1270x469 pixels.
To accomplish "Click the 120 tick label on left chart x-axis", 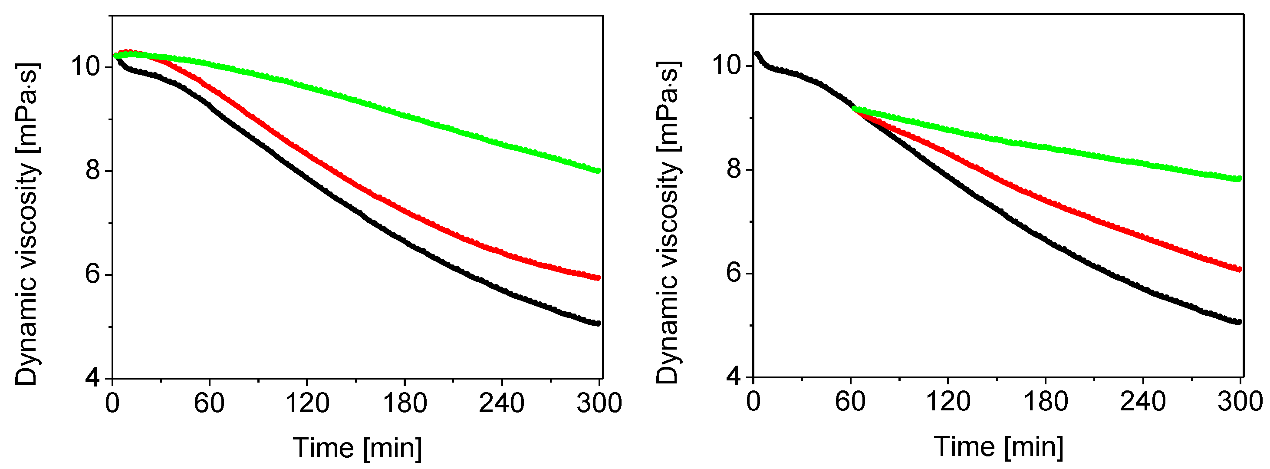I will coord(307,403).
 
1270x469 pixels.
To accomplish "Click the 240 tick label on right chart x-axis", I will coord(1142,402).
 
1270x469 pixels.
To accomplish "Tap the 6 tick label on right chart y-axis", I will coord(734,273).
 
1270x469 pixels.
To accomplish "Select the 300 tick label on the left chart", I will coord(599,403).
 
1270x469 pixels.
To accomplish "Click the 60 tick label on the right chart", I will coord(850,402).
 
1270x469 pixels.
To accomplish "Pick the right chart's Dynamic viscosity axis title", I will coord(668,223).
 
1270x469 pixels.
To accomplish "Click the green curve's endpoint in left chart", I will coord(598,171).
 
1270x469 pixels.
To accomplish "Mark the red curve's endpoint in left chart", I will coord(598,277).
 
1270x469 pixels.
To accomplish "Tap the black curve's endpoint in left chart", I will coord(598,324).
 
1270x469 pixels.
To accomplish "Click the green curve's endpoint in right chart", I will coord(1239,178).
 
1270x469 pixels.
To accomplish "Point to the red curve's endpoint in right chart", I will coord(1239,269).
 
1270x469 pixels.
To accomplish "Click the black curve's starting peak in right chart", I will coord(757,53).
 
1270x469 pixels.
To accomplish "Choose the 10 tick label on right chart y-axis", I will coord(727,65).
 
